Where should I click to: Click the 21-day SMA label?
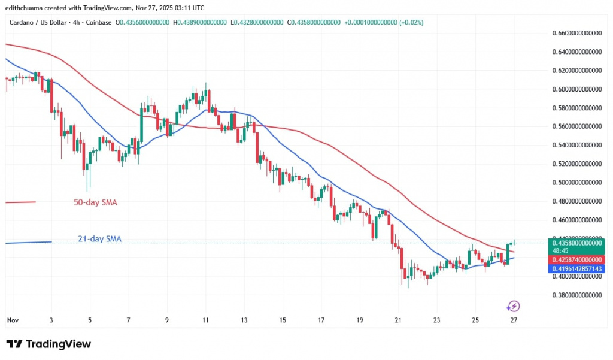click(99, 239)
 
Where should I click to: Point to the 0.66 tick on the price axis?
click(575, 33)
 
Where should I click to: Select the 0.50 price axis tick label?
click(575, 182)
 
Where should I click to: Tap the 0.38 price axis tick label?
click(575, 295)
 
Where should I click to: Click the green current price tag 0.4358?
click(575, 243)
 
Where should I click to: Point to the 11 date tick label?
click(205, 320)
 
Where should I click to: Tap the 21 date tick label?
click(398, 320)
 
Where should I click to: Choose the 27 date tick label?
click(513, 320)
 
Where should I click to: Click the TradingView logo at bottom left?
click(48, 344)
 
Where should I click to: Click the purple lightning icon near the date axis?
click(513, 306)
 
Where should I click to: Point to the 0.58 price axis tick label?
click(575, 108)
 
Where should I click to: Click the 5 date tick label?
click(90, 320)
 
